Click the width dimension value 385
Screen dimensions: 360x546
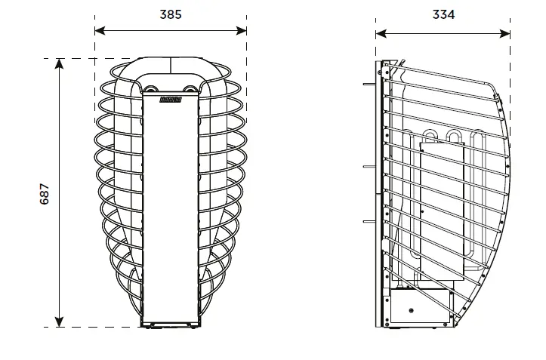point(171,14)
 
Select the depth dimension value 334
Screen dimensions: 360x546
point(443,14)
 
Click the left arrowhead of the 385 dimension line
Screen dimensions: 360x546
point(98,31)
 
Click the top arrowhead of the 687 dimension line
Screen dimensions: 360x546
point(60,63)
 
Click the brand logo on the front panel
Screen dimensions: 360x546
point(171,97)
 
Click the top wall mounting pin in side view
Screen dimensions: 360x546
point(370,84)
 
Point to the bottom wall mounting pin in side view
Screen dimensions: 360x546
point(370,222)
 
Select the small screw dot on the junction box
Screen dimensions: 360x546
point(409,309)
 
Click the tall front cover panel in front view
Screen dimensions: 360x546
point(171,211)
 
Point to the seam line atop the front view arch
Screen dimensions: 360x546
point(171,66)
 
